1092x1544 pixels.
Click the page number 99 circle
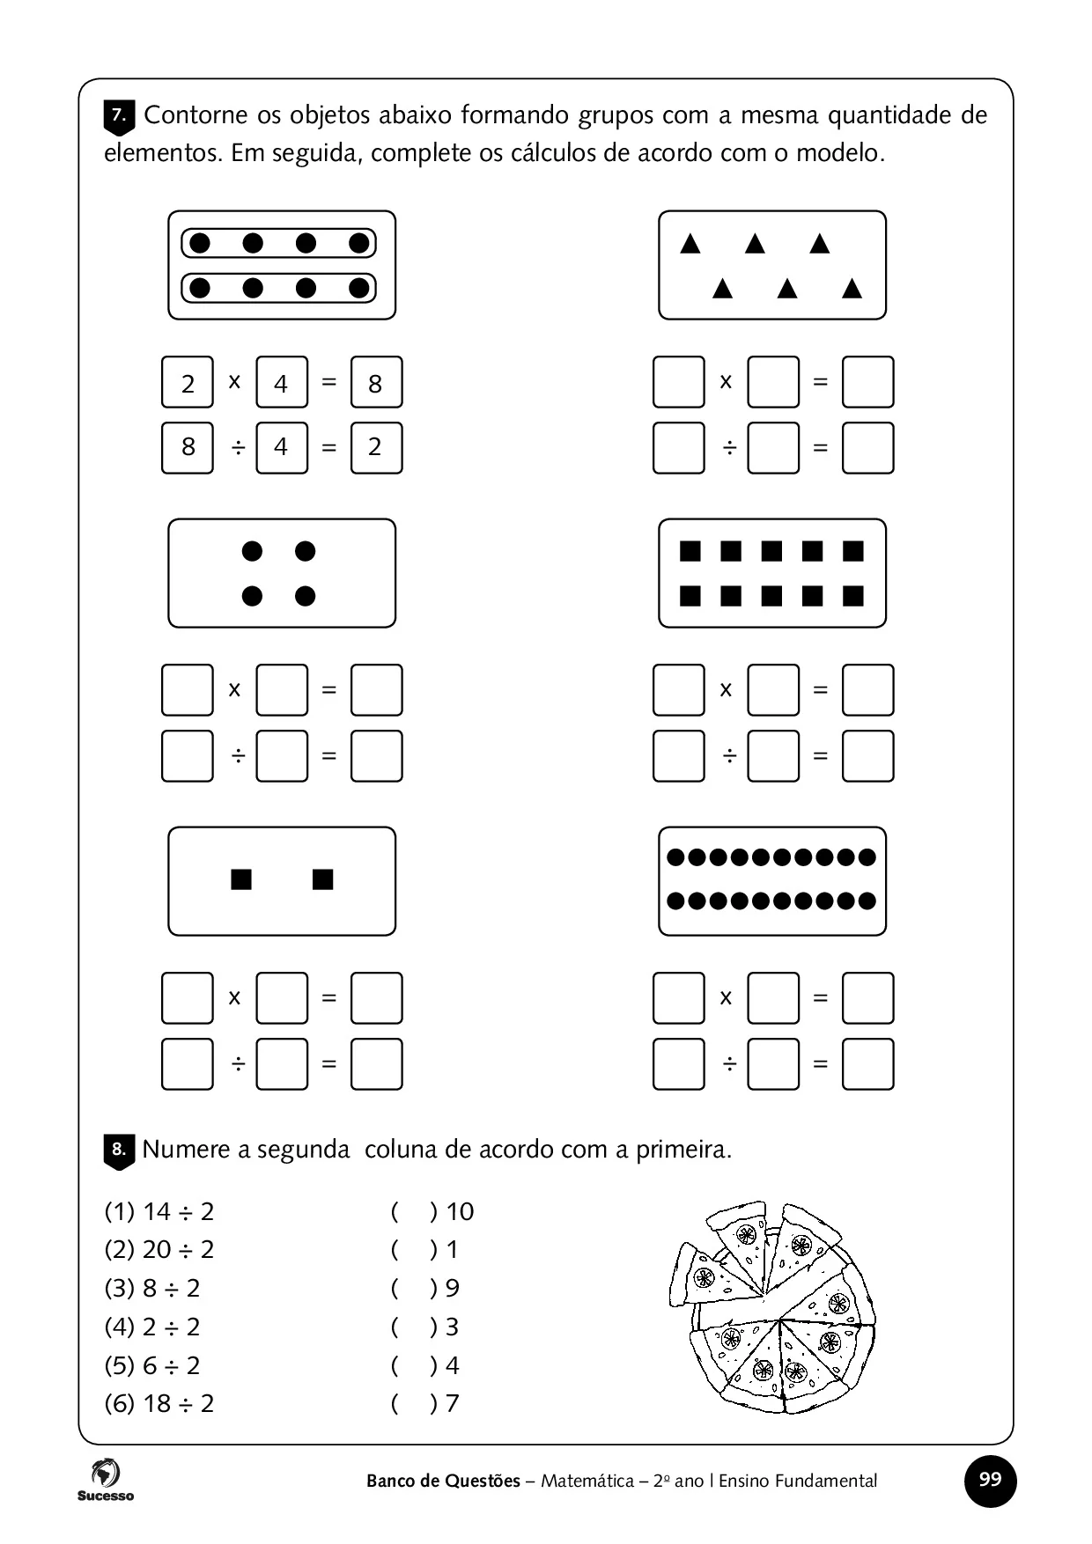pos(990,1480)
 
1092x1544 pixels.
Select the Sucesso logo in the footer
pos(105,1480)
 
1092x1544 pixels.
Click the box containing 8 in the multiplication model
pos(376,382)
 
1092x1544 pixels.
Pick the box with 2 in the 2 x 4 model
pos(188,382)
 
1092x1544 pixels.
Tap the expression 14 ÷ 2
pos(159,1212)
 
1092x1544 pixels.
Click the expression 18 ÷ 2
pos(159,1403)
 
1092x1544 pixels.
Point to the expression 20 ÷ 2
pos(159,1250)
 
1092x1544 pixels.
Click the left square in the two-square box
pos(241,879)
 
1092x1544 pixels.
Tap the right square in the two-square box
pos(323,879)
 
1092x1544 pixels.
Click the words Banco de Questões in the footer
pos(443,1481)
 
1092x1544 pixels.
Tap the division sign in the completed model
pos(235,448)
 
